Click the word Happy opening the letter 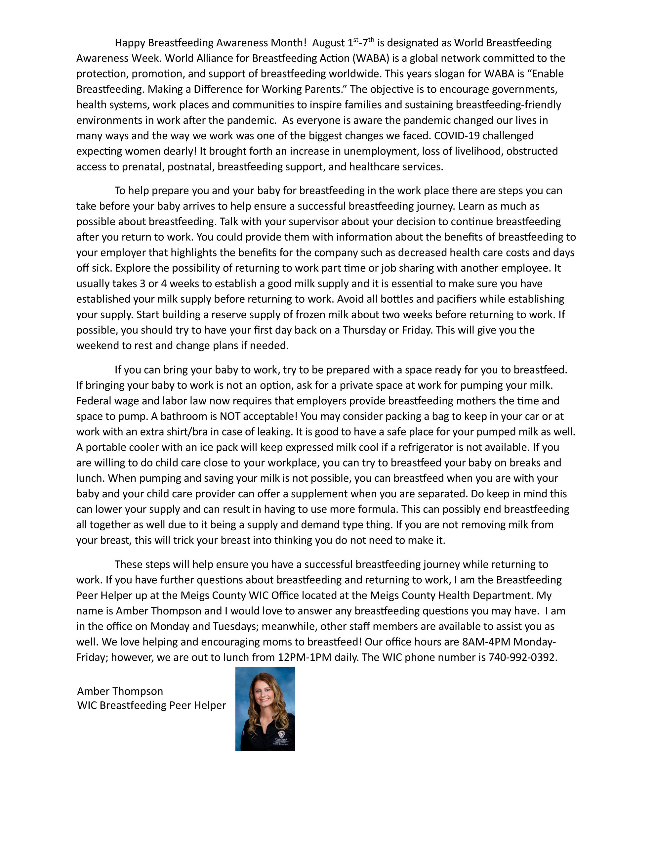pos(130,43)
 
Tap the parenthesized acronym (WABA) pos(371,59)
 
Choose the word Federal pos(93,401)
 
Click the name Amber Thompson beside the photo pos(120,691)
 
